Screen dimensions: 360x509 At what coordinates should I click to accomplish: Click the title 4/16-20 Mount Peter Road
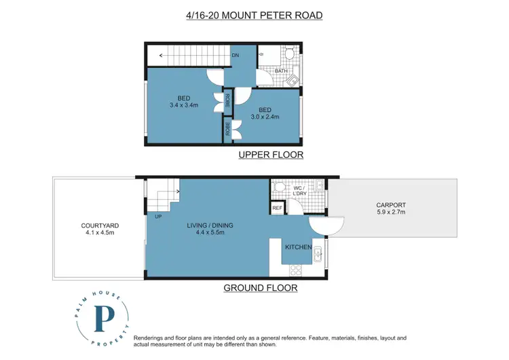click(x=254, y=14)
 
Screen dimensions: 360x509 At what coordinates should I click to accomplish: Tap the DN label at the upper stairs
click(x=235, y=55)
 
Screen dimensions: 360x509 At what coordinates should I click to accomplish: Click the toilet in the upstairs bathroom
click(x=289, y=54)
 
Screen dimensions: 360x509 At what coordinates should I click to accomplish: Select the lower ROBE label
click(x=229, y=129)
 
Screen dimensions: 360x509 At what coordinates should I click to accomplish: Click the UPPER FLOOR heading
click(x=270, y=156)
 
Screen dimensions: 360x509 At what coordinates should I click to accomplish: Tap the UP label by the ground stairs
click(x=157, y=217)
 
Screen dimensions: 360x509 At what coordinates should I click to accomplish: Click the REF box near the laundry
click(x=277, y=209)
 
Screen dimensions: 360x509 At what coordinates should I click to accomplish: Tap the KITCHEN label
click(x=298, y=247)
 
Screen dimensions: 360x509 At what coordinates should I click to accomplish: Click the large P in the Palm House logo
click(x=104, y=318)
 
